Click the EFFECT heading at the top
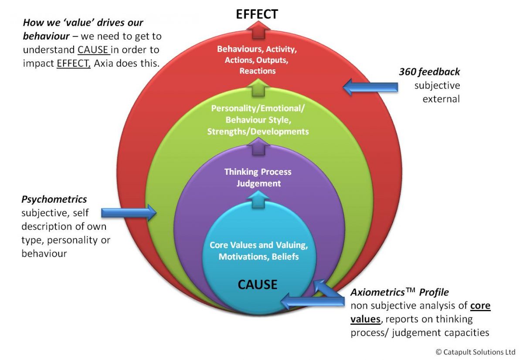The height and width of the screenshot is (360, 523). point(257,14)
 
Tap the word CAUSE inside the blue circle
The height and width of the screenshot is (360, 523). point(257,284)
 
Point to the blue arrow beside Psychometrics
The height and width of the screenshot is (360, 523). point(129,213)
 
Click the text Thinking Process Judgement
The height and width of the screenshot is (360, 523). point(258,177)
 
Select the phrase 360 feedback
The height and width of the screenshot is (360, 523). point(429,72)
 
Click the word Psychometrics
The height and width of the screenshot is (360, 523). point(54,199)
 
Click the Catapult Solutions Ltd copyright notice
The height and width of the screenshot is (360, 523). point(472,351)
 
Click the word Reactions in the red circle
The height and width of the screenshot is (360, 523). point(257,71)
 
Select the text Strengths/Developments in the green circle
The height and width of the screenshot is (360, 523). point(260,131)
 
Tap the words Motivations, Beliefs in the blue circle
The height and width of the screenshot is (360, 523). point(258,257)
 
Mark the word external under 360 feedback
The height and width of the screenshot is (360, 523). point(441,99)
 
